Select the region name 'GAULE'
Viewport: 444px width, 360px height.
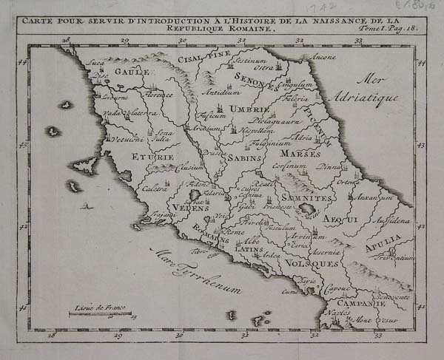[133, 72]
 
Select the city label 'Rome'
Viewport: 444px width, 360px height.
[233, 231]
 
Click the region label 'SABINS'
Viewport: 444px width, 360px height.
[243, 158]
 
